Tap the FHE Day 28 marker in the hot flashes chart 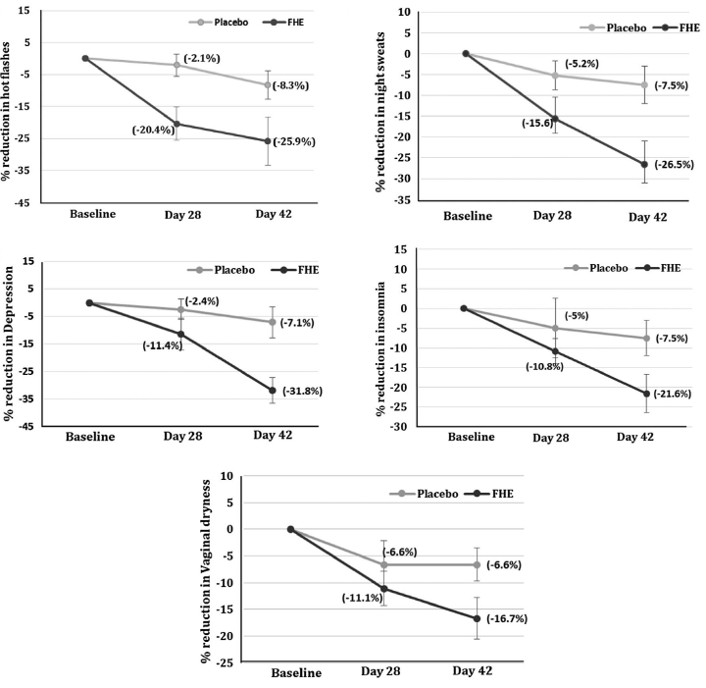click(x=176, y=124)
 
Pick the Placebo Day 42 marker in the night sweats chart click(x=644, y=85)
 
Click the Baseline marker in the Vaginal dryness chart click(x=290, y=529)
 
